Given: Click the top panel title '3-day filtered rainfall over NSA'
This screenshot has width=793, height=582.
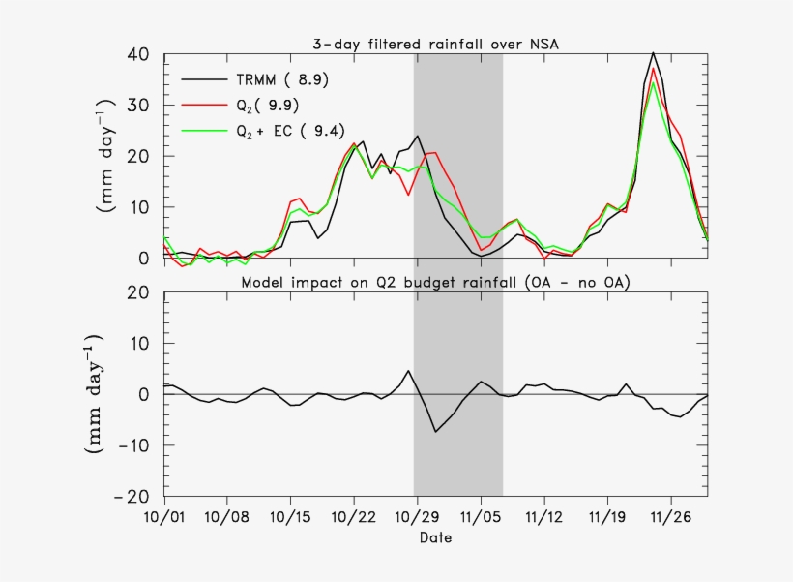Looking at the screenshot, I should point(435,44).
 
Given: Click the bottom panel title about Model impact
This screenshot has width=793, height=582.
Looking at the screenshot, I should point(435,282).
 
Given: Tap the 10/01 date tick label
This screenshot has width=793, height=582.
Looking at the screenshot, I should point(164,517).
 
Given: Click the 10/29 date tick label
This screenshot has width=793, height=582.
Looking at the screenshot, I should point(417,517).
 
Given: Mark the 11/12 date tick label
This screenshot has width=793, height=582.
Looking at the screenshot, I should point(543,517).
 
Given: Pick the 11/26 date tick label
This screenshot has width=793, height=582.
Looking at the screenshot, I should point(669,517).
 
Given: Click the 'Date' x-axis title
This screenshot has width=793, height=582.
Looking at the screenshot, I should point(435,536).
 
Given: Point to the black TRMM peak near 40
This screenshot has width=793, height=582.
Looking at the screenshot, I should point(654,53).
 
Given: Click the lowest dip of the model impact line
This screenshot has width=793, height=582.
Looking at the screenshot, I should point(435,431).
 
